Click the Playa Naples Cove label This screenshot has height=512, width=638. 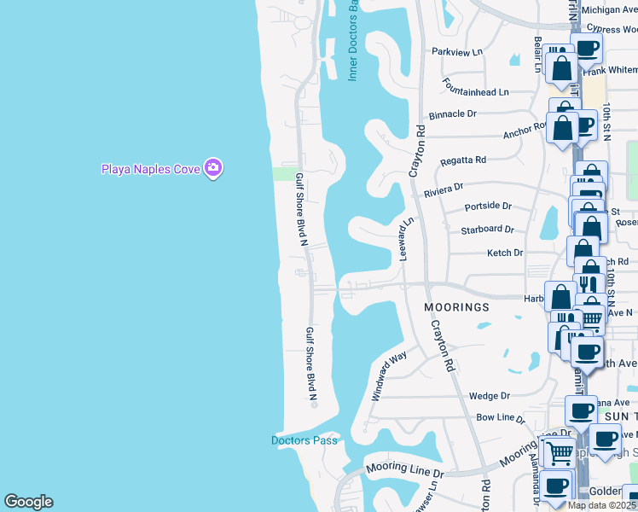click(150, 168)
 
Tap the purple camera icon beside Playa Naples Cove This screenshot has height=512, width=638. click(213, 168)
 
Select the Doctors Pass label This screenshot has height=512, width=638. click(304, 440)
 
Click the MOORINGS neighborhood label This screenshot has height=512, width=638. click(458, 306)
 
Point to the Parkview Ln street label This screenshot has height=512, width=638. click(457, 52)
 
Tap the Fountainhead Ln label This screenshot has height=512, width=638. click(475, 88)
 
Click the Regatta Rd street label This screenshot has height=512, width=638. click(463, 160)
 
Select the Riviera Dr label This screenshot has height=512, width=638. click(444, 189)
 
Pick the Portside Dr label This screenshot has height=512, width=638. click(488, 207)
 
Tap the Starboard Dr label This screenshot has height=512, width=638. click(487, 230)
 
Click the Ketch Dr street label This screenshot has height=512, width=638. click(504, 253)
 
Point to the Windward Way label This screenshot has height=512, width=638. click(388, 379)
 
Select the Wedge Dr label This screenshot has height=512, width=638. click(489, 396)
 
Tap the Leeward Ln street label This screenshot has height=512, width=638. click(406, 238)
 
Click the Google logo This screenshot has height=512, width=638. click(28, 502)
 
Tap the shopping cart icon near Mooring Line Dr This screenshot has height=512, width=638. click(559, 452)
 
